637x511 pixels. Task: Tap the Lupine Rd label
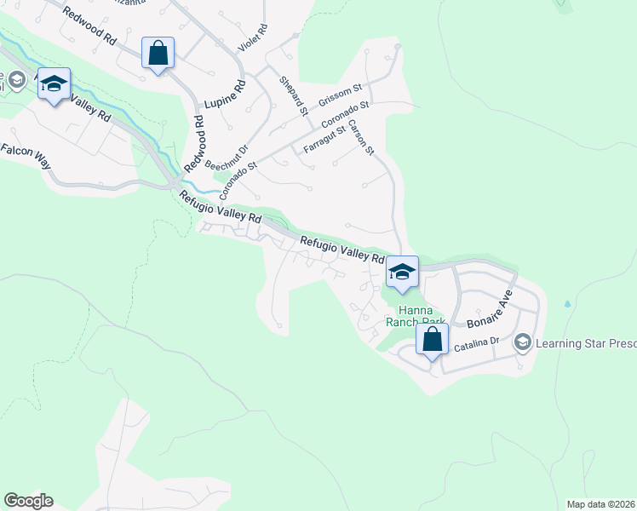pos(225,95)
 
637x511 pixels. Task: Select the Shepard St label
pos(293,95)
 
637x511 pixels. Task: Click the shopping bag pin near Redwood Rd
pos(158,54)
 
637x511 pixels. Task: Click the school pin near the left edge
pos(54,83)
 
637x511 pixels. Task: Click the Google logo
pos(28,501)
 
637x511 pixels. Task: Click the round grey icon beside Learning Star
pos(523,342)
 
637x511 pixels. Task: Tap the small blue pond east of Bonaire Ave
pos(567,302)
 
